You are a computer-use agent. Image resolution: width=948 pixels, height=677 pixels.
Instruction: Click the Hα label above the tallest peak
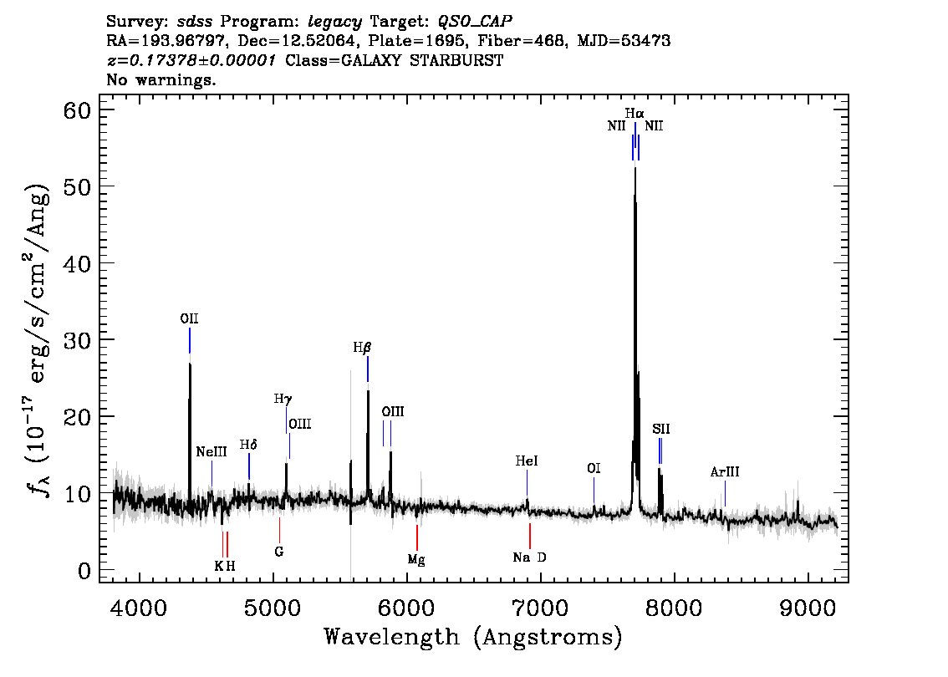pyautogui.click(x=635, y=114)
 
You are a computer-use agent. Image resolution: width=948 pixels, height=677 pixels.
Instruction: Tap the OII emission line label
pyautogui.click(x=189, y=318)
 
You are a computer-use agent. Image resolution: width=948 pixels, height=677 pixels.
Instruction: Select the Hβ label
pyautogui.click(x=362, y=349)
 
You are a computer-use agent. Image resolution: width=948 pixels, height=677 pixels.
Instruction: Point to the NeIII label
pyautogui.click(x=212, y=452)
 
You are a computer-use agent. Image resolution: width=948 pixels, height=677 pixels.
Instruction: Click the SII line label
pyautogui.click(x=660, y=429)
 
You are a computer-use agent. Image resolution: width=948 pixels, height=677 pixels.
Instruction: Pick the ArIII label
pyautogui.click(x=725, y=472)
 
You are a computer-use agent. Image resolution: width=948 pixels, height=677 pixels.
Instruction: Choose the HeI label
pyautogui.click(x=527, y=461)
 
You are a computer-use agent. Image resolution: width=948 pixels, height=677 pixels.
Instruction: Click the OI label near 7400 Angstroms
pyautogui.click(x=594, y=468)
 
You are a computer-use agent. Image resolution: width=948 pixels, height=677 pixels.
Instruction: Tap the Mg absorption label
pyautogui.click(x=416, y=560)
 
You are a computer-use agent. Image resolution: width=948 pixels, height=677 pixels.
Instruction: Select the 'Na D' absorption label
pyautogui.click(x=530, y=557)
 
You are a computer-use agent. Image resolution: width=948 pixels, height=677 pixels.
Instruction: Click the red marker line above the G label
pyautogui.click(x=279, y=530)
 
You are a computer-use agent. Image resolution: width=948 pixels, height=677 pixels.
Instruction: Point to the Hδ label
pyautogui.click(x=248, y=445)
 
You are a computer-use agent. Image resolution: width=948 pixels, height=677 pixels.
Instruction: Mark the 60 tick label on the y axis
pyautogui.click(x=77, y=110)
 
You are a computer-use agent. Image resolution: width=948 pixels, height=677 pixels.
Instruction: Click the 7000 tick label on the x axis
pyautogui.click(x=540, y=608)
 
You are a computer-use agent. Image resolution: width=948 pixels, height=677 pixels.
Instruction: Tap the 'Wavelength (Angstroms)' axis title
pyautogui.click(x=473, y=637)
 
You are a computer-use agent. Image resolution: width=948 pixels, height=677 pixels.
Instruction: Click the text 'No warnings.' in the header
pyautogui.click(x=161, y=79)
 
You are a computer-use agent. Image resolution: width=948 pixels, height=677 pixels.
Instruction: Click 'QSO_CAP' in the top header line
pyautogui.click(x=475, y=22)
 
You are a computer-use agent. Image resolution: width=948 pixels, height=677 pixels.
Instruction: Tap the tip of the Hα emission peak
pyautogui.click(x=635, y=167)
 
